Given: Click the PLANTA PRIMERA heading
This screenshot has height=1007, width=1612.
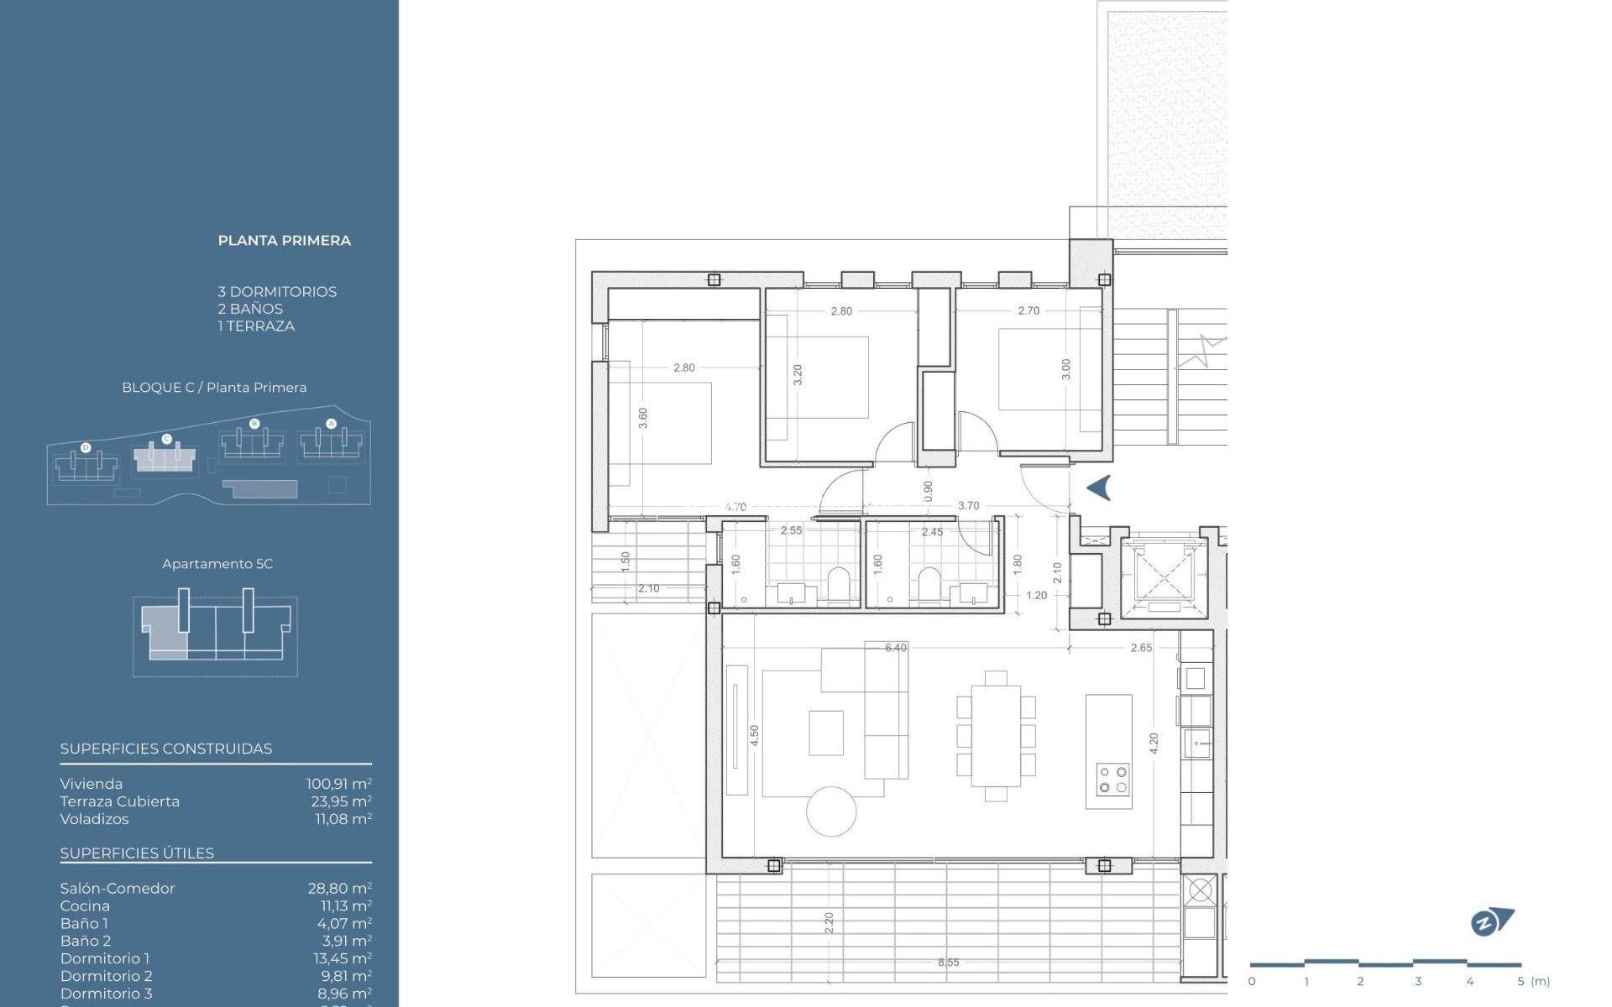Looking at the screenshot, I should (x=284, y=241).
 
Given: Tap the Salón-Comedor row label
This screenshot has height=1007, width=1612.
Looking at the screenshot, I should (x=117, y=888).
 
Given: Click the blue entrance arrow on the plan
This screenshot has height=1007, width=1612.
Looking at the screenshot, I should (x=1099, y=488).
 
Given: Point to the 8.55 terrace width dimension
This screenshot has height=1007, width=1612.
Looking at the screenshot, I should (x=948, y=963).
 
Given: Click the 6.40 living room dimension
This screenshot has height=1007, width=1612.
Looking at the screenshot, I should (x=895, y=648).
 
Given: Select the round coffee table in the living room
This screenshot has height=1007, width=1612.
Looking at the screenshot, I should (x=831, y=811).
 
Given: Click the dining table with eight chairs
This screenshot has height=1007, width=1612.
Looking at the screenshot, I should (x=996, y=736).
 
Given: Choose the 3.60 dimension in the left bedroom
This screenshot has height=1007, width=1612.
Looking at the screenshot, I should (x=643, y=418).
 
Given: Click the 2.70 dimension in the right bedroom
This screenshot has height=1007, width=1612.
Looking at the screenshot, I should (x=1028, y=310).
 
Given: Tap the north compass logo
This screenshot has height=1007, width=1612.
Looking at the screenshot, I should (x=1491, y=922).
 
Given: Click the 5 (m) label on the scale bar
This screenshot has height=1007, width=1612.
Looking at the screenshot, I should (x=1533, y=981).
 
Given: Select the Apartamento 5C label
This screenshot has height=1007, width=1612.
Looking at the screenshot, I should (x=217, y=564).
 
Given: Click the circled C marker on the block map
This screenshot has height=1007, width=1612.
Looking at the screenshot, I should (x=166, y=439).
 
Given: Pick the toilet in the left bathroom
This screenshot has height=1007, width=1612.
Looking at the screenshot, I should (x=839, y=585).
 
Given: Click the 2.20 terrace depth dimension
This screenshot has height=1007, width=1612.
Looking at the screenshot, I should (x=829, y=923).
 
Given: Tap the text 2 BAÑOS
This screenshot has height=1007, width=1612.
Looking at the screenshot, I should (x=250, y=309).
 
